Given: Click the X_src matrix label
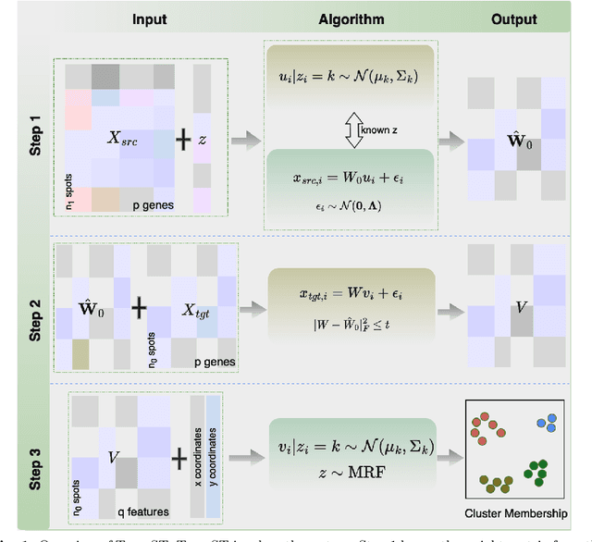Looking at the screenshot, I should point(127,138).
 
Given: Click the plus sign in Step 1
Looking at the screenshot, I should point(183,138).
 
